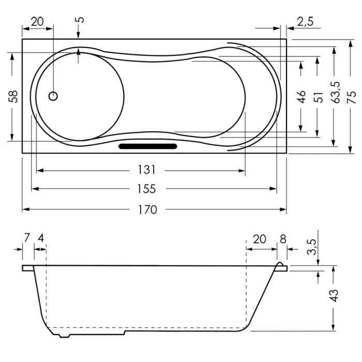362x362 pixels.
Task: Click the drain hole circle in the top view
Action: pos(53,96)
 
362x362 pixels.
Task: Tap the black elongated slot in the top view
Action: pos(148,146)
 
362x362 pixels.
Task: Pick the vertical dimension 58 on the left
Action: pos(14,97)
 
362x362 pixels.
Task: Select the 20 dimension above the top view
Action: pos(37,22)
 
